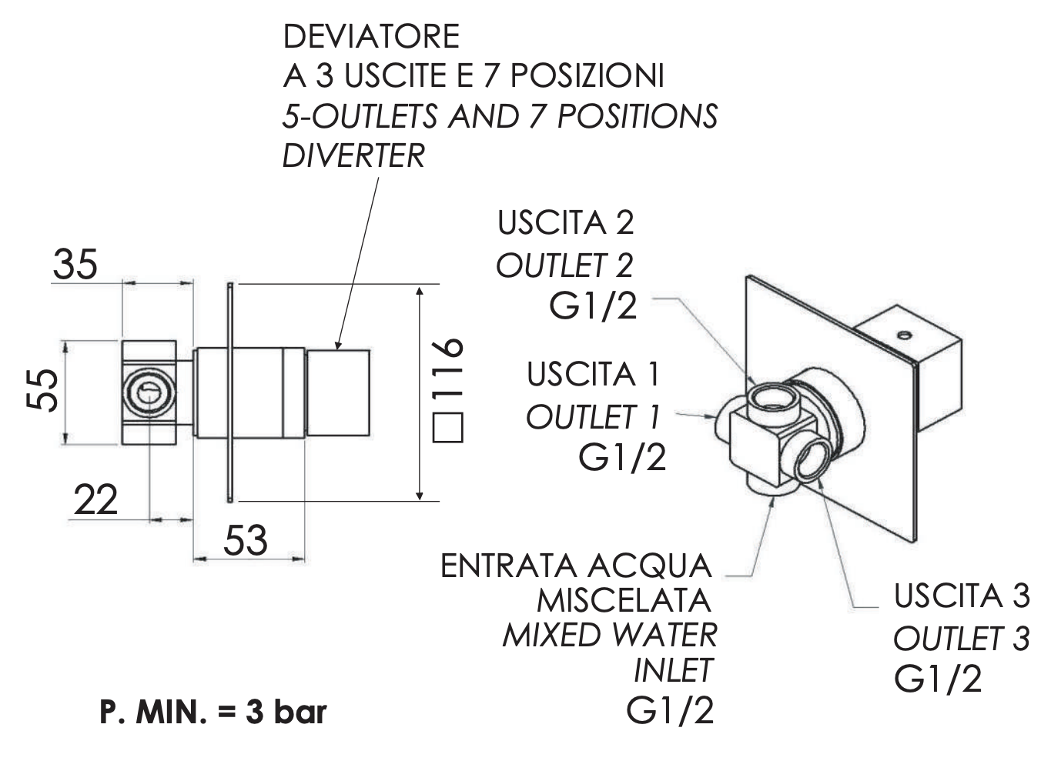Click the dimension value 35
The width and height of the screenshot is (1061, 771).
75,264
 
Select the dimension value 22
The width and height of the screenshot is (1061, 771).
95,501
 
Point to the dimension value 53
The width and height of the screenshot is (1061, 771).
245,539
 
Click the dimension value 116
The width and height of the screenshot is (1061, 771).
447,369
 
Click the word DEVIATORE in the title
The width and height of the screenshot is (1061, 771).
371,36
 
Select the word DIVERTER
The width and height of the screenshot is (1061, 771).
353,155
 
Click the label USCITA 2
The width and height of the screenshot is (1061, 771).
565,223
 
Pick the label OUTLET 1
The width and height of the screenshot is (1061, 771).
593,417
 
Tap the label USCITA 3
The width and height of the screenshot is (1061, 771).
962,596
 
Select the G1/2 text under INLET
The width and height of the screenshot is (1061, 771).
670,709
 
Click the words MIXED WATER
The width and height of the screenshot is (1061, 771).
609,636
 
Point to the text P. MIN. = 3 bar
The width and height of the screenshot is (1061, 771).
213,712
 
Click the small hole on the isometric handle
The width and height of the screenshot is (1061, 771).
905,335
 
